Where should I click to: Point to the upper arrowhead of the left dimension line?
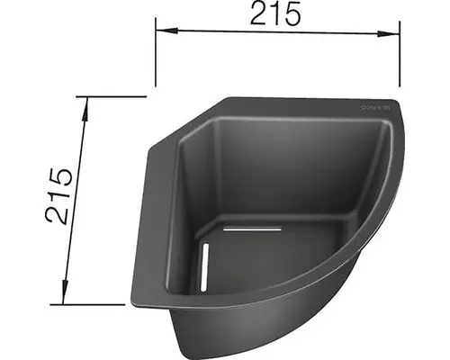click(x=85, y=102)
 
